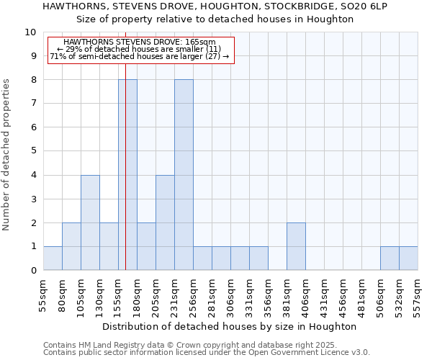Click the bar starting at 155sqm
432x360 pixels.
(127, 175)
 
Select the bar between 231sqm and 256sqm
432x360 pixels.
(184, 175)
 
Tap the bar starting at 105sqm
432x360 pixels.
(90, 222)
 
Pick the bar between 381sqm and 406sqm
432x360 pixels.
(296, 246)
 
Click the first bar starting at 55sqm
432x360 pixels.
(53, 258)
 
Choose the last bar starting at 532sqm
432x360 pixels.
(408, 258)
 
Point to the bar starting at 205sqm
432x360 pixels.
(165, 222)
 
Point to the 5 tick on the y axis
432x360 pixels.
(33, 151)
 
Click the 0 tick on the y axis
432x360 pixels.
(33, 271)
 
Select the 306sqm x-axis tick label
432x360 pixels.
(231, 293)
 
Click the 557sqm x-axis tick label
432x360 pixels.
(418, 293)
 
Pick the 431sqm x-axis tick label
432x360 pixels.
(325, 293)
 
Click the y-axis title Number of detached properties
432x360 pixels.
(7, 155)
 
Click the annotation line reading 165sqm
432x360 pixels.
(140, 42)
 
